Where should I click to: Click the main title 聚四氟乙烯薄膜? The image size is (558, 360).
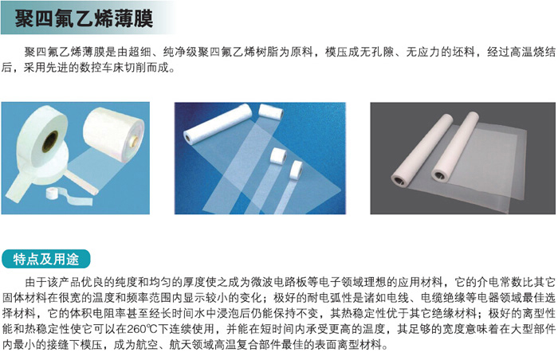point(84,18)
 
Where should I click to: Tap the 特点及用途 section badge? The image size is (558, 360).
point(46,259)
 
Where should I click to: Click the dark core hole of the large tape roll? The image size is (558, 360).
point(49,141)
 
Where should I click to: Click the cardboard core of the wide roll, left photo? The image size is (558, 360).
point(136,141)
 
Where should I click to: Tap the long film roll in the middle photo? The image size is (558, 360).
point(218,123)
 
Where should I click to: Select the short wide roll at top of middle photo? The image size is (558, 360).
point(271,112)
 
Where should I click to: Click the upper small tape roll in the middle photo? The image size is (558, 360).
point(278,155)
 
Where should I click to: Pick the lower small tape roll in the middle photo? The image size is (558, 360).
point(296,170)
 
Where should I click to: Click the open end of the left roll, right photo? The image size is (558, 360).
point(399,180)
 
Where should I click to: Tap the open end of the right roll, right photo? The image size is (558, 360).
point(440,174)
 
